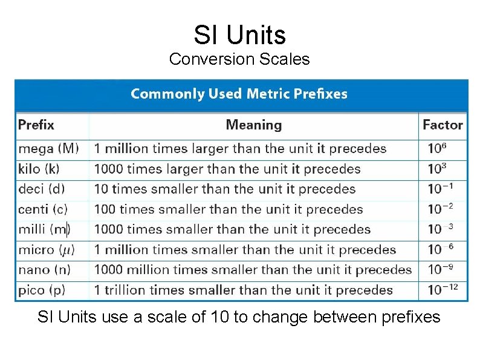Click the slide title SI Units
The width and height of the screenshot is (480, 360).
point(239,35)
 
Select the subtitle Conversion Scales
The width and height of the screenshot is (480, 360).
point(239,59)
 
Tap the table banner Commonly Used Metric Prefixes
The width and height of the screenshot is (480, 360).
point(239,94)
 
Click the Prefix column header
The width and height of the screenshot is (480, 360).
point(36,125)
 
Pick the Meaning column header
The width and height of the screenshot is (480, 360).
point(253,125)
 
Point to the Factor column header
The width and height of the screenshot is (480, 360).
point(443,125)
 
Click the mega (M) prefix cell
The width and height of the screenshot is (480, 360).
point(48,148)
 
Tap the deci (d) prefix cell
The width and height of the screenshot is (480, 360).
point(41,189)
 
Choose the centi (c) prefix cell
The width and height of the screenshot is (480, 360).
point(43,209)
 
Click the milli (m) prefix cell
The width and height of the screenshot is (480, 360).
point(44,229)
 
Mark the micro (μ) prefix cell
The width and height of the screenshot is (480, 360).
point(46,249)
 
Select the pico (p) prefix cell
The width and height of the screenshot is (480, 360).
point(41,290)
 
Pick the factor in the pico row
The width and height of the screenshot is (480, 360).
point(443,290)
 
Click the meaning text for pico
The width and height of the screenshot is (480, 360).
point(243,290)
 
